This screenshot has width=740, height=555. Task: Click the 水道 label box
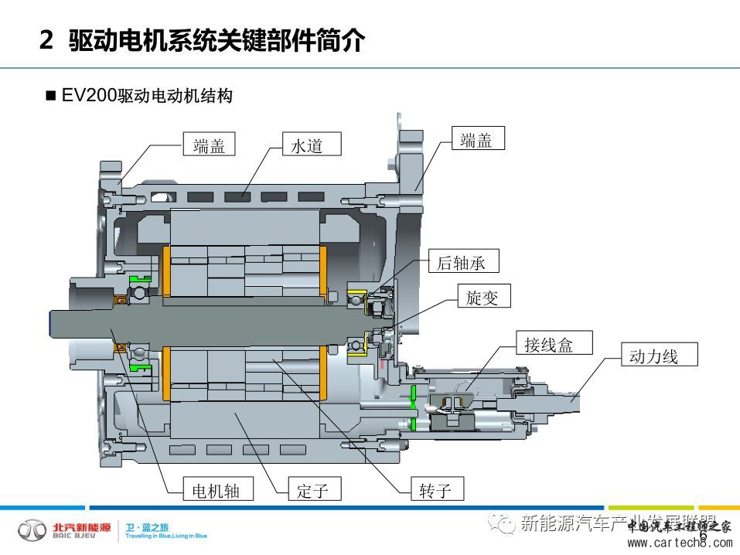point(305,145)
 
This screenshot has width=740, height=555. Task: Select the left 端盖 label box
point(209,145)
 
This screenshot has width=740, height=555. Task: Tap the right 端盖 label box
point(476,140)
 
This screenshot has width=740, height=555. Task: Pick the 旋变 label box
point(483,297)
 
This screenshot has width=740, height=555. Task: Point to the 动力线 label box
point(653,356)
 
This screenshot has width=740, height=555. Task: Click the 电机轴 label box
point(216,489)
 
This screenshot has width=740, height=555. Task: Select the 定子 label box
point(312,489)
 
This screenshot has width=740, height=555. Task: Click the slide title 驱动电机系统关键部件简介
point(217,41)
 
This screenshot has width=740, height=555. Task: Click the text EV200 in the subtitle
point(89,96)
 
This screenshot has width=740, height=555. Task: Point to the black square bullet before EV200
point(52,97)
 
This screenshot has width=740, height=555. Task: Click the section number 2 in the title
point(46,41)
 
